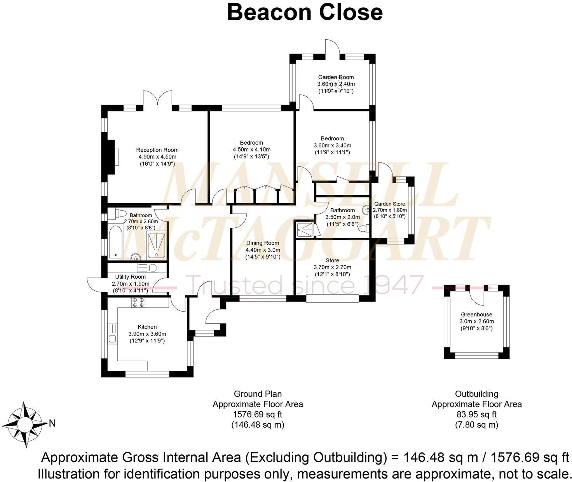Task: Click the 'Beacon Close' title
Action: [305, 12]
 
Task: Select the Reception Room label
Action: [157, 150]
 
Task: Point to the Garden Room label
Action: [336, 77]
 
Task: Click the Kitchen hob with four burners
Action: [138, 302]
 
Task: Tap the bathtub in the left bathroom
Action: [115, 243]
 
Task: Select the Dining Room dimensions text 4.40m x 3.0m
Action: [263, 250]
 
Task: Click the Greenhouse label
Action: [476, 314]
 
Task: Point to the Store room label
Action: [332, 260]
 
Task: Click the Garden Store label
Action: [389, 204]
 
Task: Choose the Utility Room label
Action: [130, 277]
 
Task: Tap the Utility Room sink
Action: [152, 268]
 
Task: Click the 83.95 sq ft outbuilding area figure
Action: [476, 414]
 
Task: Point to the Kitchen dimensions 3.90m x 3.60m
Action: [147, 334]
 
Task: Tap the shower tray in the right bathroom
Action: [305, 229]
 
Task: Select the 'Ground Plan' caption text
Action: [258, 394]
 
